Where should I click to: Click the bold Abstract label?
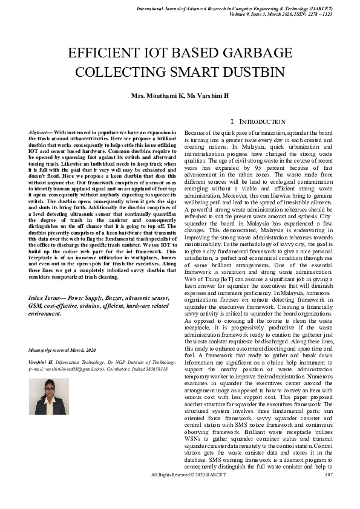click(x=41, y=132)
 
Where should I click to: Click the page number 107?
click(x=329, y=491)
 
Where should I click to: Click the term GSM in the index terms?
click(x=36, y=306)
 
